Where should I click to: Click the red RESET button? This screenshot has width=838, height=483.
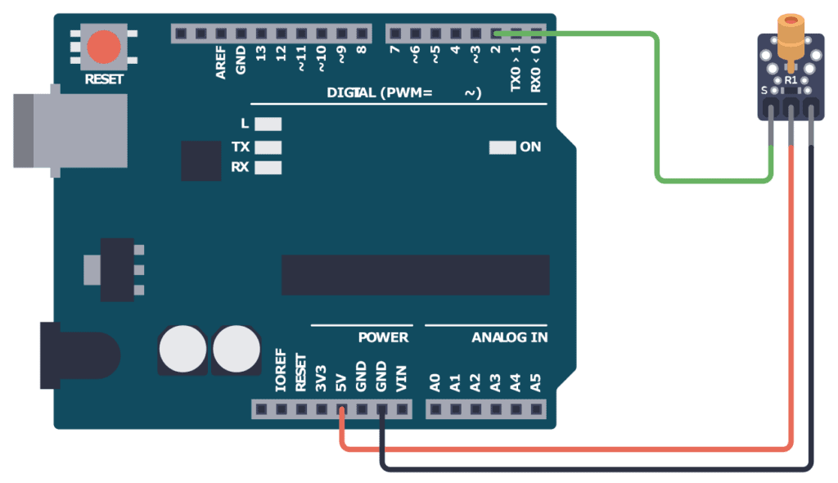tap(104, 47)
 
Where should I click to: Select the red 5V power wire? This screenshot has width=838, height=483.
tap(573, 449)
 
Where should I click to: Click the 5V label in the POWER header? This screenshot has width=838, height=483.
tap(341, 381)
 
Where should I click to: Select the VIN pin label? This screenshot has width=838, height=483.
tap(401, 381)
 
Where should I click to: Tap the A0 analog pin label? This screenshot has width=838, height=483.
tap(435, 381)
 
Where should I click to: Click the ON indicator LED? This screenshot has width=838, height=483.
tap(502, 147)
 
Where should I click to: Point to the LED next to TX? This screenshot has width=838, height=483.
tap(268, 147)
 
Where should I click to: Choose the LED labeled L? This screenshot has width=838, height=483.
tap(268, 124)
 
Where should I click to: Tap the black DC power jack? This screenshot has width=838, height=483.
tap(78, 355)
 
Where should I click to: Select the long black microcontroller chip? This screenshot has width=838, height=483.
tap(415, 275)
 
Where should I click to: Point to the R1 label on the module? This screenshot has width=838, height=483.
tap(791, 81)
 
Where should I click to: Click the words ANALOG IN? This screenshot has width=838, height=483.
tap(509, 337)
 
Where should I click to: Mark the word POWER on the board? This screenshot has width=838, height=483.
tap(383, 337)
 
